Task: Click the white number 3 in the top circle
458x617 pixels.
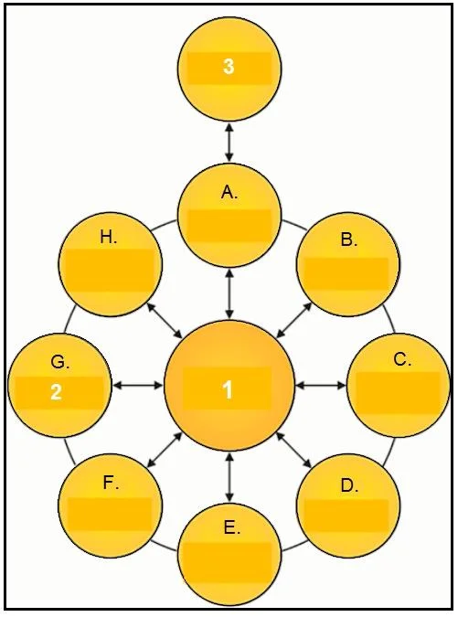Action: [229, 66]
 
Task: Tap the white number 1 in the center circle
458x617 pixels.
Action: [228, 390]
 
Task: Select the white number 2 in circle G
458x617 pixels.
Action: [57, 392]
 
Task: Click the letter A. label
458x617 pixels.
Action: [229, 193]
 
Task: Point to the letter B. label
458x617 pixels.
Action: [349, 239]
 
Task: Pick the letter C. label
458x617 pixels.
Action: [402, 359]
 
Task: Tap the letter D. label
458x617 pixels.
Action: [349, 486]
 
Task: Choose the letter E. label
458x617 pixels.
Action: [232, 528]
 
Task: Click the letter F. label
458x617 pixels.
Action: [111, 483]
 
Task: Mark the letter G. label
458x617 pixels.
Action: [60, 362]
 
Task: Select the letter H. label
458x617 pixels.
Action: [109, 238]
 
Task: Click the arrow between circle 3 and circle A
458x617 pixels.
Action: [229, 142]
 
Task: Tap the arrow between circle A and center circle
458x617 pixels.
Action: [229, 293]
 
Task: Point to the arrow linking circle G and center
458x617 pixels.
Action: [137, 386]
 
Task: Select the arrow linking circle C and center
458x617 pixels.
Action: [321, 386]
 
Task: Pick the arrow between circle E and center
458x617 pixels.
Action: [229, 478]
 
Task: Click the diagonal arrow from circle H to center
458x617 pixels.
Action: [165, 321]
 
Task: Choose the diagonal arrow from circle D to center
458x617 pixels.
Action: [294, 450]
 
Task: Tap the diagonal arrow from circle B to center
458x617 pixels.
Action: [294, 320]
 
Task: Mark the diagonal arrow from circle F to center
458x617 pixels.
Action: [165, 450]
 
